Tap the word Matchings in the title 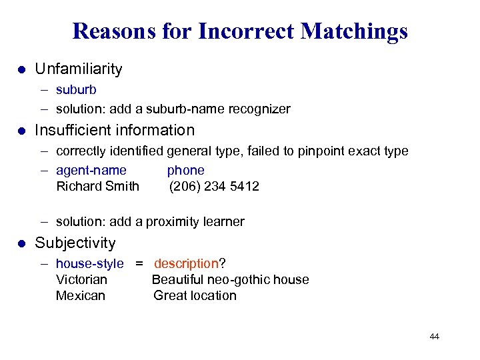pos(354,31)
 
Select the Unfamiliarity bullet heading pos(79,69)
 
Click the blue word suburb pos(76,89)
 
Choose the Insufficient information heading pos(115,130)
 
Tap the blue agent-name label pos(91,170)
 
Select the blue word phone pos(185,170)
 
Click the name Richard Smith pos(98,186)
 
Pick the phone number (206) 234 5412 pos(214,186)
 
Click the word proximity pos(175,221)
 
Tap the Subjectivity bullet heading pos(75,243)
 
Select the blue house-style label pos(89,264)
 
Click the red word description pos(186,264)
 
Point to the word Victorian pos(81,279)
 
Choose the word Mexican pos(81,295)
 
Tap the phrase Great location pos(195,295)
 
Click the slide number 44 pos(434,337)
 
